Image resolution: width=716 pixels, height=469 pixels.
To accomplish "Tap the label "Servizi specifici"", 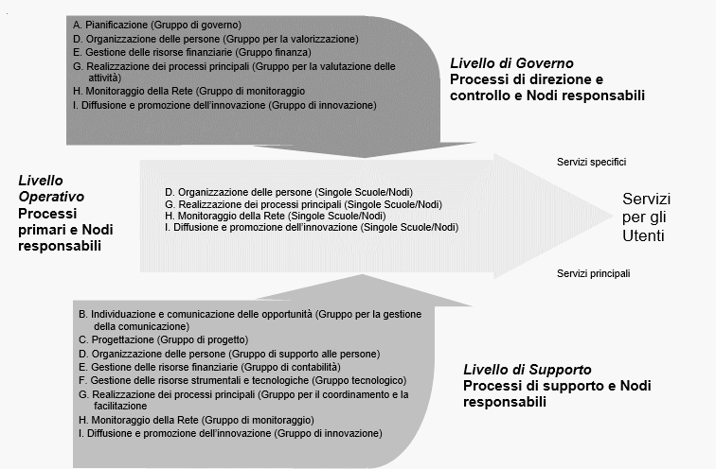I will pos(592,162).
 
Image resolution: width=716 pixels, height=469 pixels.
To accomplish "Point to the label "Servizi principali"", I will pos(594,273).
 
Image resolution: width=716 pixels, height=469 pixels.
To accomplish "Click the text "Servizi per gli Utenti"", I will pos(647,217).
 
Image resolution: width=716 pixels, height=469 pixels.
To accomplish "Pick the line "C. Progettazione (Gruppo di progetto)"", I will pos(163,339).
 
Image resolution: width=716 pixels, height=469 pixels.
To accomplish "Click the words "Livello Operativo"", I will pos(50,187).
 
